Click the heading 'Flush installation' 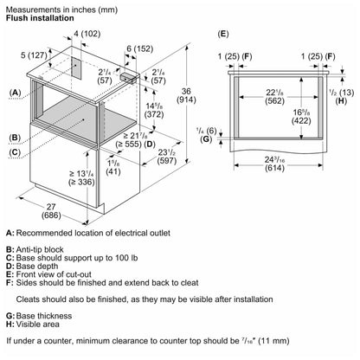[x=40, y=18]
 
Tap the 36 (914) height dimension [x=186, y=96]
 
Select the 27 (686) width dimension [x=51, y=211]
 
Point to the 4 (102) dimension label [x=87, y=34]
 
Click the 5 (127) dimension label [x=34, y=55]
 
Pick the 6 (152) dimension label [x=140, y=48]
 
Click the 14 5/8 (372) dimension [x=154, y=110]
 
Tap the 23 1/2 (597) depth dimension [x=167, y=157]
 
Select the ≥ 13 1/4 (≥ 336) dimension [x=81, y=177]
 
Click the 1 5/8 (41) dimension [x=113, y=167]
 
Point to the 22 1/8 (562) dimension [x=274, y=97]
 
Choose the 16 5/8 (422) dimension [x=301, y=116]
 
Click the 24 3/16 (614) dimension [x=274, y=164]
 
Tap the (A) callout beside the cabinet [x=15, y=93]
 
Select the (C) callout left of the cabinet [x=15, y=152]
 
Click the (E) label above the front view [x=223, y=34]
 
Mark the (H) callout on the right [x=342, y=100]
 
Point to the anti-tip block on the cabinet [x=128, y=78]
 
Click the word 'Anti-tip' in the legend [x=27, y=249]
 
